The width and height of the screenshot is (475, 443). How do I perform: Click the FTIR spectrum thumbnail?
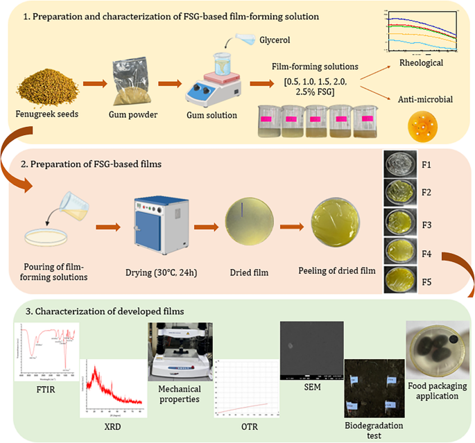[x=47, y=352]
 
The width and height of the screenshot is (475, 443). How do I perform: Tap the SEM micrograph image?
[x=312, y=351]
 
